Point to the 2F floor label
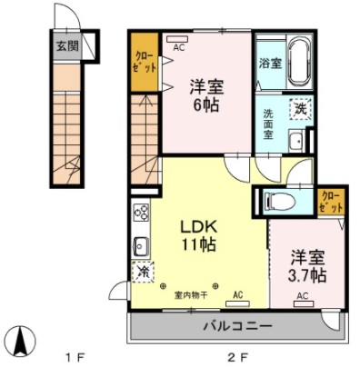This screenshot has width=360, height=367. click(x=238, y=354)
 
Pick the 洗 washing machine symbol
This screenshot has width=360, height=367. click(x=299, y=109)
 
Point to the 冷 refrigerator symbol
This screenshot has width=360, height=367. click(x=143, y=271)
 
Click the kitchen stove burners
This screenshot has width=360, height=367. click(x=142, y=214)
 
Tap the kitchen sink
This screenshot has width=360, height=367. click(x=142, y=245)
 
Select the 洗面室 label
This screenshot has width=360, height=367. click(x=269, y=122)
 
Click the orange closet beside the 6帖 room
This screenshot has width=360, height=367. click(x=144, y=60)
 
